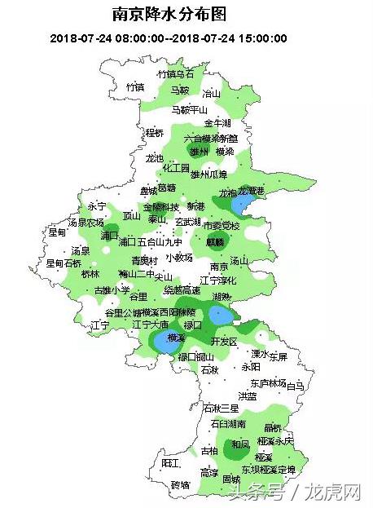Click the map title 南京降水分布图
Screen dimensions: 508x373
click(169, 15)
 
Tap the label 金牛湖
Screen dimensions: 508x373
click(217, 122)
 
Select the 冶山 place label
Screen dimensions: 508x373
click(212, 94)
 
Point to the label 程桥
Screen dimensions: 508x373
click(154, 132)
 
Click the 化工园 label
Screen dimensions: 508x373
click(176, 168)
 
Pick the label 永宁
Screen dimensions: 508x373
click(97, 206)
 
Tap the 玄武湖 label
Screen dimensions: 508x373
click(188, 221)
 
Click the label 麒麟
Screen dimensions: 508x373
click(215, 241)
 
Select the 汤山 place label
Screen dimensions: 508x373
click(239, 261)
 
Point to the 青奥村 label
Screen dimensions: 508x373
click(144, 261)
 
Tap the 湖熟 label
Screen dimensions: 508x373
click(221, 296)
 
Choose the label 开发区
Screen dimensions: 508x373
click(223, 340)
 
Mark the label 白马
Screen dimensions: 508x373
click(294, 384)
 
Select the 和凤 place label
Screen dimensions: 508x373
click(240, 444)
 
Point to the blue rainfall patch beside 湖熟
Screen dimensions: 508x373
click(220, 315)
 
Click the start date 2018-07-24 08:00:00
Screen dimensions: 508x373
click(96, 38)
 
